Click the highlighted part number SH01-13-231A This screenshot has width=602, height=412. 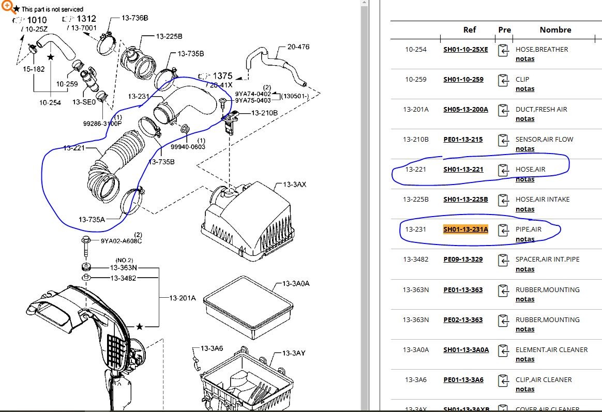pos(465,229)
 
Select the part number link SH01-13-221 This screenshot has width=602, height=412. pos(463,169)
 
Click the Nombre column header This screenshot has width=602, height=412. pos(555,30)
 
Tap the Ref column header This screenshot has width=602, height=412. pos(469,30)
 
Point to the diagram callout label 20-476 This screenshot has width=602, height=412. pos(298,47)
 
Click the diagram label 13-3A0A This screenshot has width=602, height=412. pos(296,284)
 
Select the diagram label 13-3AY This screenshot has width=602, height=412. pos(294,353)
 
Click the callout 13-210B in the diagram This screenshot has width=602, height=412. pos(264,113)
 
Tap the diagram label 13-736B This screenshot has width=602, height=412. pos(135,18)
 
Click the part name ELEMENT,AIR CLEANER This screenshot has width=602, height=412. pos(551,349)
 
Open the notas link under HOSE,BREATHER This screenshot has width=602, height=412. pos(525,59)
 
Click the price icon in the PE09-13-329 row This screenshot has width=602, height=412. pos(503,260)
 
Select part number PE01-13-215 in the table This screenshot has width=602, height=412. pos(463,139)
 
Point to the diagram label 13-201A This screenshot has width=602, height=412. pos(183,298)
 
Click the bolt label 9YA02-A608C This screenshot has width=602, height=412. pos(121,241)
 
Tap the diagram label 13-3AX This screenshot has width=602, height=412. pos(294,185)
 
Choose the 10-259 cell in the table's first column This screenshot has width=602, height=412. pos(416,79)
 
